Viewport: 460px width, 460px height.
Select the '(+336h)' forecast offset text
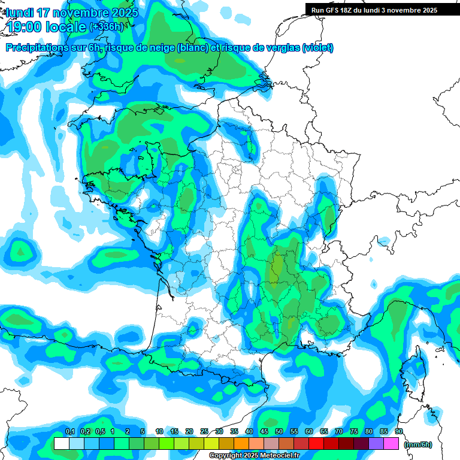tap(106, 26)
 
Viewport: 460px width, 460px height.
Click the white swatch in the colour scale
tap(61, 444)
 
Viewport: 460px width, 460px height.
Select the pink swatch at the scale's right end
tap(391, 444)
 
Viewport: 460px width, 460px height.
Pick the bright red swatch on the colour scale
tap(316, 444)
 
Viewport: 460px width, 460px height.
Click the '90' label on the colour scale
tap(398, 431)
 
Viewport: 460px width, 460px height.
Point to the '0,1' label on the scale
tap(69, 431)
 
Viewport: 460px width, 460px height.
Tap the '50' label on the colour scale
tap(279, 431)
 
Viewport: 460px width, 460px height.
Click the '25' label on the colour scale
tap(204, 431)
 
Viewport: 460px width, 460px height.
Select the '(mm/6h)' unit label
tap(418, 444)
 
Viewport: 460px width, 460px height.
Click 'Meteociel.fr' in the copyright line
tap(280, 456)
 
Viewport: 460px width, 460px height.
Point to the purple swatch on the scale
tap(376, 444)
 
